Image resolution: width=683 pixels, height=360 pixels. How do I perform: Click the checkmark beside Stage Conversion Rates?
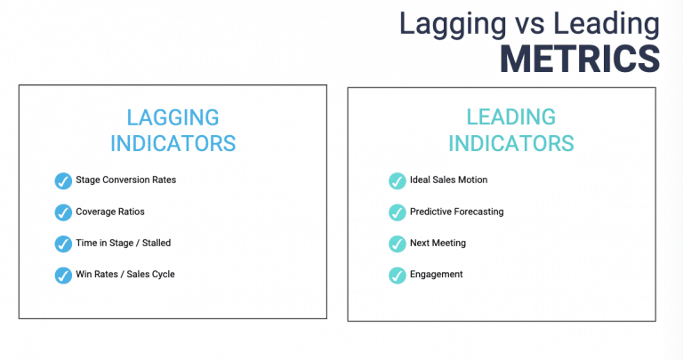(63, 181)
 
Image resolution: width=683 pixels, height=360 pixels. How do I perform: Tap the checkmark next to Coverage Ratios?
(63, 212)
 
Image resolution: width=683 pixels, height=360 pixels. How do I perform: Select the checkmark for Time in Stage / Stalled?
(63, 244)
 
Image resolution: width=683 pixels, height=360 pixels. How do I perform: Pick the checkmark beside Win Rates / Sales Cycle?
(63, 275)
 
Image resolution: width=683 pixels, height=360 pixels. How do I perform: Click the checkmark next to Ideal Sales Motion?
(397, 181)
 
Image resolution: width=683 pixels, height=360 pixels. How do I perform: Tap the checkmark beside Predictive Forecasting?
(397, 212)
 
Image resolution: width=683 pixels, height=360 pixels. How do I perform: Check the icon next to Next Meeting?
(397, 244)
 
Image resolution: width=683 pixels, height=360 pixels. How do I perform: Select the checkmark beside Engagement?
(397, 275)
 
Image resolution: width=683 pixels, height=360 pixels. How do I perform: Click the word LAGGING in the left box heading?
(173, 117)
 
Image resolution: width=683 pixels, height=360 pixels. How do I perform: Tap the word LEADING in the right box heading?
(510, 117)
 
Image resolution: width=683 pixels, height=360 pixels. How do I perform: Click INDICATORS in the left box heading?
(173, 143)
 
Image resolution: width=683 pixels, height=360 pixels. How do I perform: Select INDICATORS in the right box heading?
(510, 143)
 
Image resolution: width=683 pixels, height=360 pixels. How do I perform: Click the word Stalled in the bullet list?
(155, 242)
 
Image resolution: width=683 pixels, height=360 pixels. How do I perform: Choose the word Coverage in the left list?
(94, 212)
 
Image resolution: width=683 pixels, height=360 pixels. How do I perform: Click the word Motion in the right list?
(471, 180)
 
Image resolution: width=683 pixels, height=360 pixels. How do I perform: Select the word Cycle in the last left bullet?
(162, 274)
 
